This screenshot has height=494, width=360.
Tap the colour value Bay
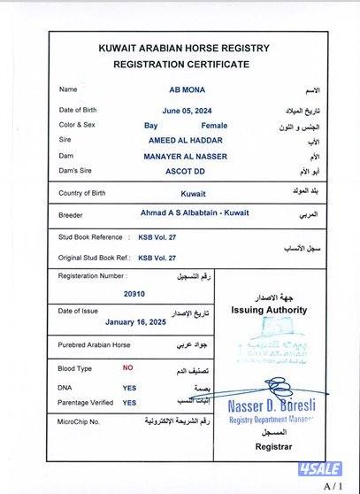(150, 125)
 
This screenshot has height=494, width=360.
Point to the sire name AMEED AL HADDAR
(186, 141)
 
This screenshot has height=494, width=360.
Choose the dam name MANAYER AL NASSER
(186, 156)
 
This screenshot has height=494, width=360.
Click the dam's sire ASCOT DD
(186, 172)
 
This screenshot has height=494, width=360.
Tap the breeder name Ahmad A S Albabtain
(184, 213)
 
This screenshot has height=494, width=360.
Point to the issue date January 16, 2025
(135, 323)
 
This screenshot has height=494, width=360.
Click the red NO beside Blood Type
(128, 367)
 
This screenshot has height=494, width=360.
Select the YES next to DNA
(129, 388)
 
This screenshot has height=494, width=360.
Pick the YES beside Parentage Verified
(129, 403)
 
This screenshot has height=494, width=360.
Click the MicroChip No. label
(79, 422)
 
